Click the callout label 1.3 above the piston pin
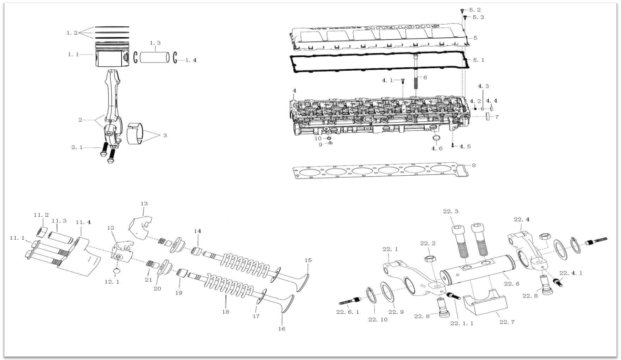pos(155,43)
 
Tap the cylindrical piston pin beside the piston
pos(155,57)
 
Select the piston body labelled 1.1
pos(112,54)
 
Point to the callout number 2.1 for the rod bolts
pos(77,147)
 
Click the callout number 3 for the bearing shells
pos(165,135)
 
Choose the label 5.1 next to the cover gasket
pos(479,60)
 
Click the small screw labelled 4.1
pos(403,81)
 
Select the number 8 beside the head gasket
pos(474,165)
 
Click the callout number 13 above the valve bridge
pos(144,203)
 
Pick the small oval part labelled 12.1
pos(116,271)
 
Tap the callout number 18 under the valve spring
pos(226,312)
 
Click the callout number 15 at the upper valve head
pos(308,260)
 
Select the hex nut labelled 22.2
pos(430,259)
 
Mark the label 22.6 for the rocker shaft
pos(512,284)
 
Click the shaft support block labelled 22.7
pos(485,302)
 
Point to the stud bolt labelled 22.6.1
pos(349,301)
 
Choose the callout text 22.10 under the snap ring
pos(378,319)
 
